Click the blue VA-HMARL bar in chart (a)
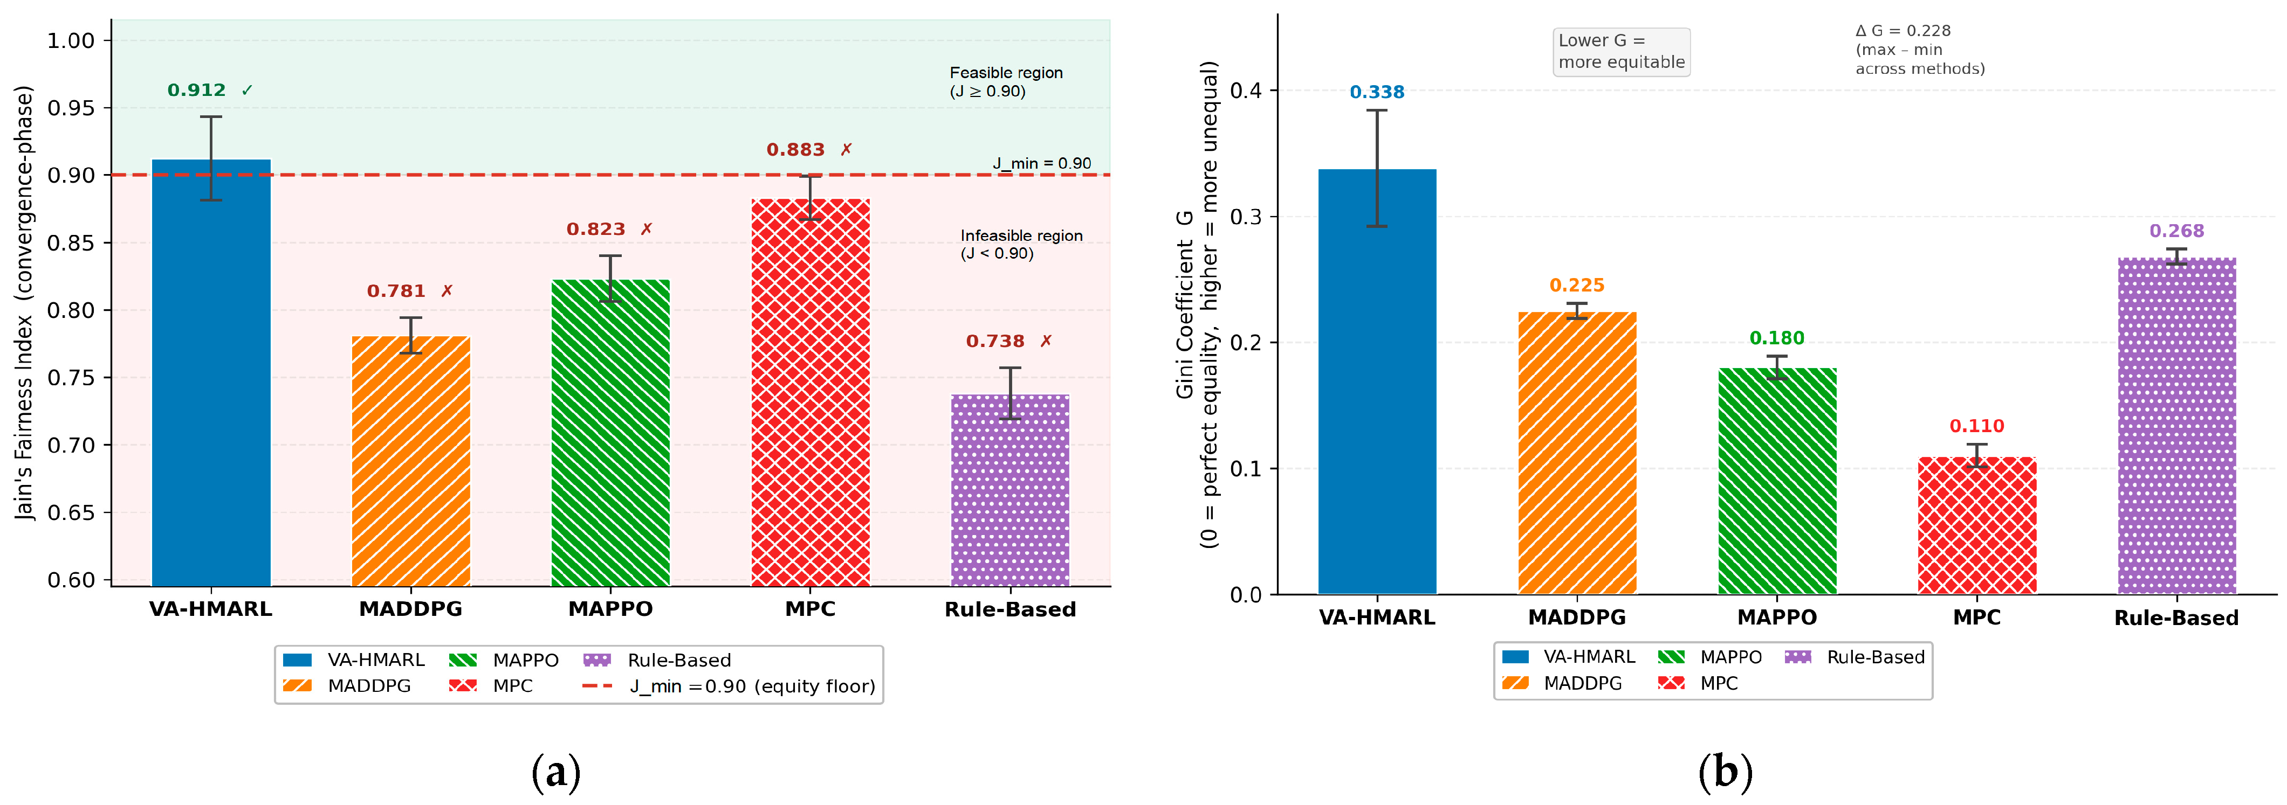click(x=211, y=373)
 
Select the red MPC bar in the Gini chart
click(x=1977, y=525)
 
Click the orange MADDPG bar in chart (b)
click(x=1577, y=453)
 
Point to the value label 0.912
click(x=196, y=91)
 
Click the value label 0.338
click(x=1377, y=92)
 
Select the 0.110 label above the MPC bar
click(x=1977, y=426)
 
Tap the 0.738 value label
click(x=995, y=341)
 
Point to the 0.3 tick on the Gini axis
click(x=1246, y=217)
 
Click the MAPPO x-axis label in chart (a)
click(x=611, y=609)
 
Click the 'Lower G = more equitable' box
click(x=1621, y=52)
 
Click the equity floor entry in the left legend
click(x=728, y=686)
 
